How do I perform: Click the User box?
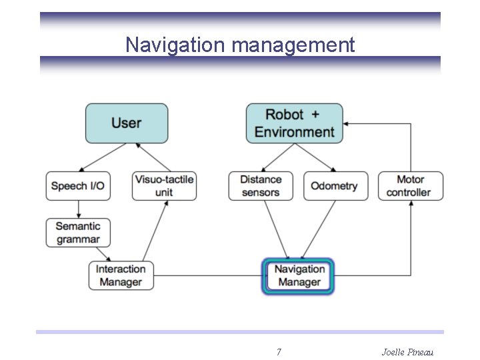pos(126,123)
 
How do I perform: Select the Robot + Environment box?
pos(294,123)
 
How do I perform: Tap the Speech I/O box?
pos(78,186)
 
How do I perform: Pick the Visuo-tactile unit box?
pos(164,186)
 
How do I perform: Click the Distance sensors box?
pos(261,186)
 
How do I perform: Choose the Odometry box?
pos(335,186)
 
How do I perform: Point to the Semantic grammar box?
pos(78,233)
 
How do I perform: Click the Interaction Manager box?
pos(121,275)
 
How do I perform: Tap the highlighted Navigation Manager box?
pos(299,276)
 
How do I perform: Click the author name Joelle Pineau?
pos(407,351)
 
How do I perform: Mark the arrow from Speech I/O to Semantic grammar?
pos(78,209)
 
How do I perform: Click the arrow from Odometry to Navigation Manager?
pos(319,229)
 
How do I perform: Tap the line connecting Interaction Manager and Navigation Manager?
pos(208,275)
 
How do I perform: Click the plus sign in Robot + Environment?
pos(315,115)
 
